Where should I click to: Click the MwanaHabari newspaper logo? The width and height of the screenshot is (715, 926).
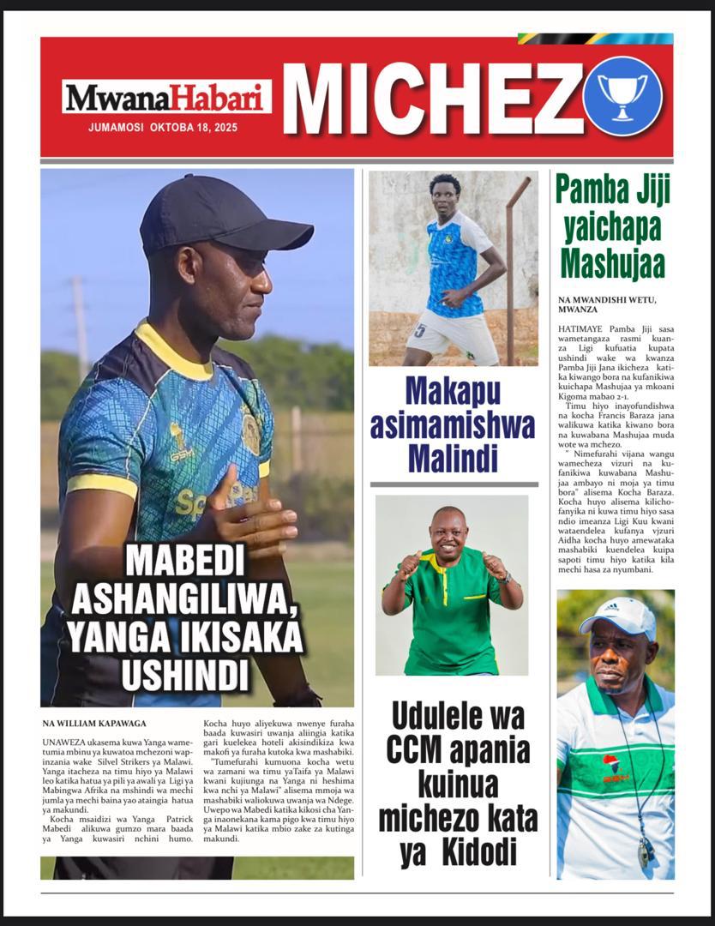pyautogui.click(x=166, y=97)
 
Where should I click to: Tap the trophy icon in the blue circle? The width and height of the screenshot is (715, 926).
pyautogui.click(x=622, y=95)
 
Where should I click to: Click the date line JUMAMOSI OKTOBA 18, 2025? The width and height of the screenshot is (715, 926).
pyautogui.click(x=163, y=127)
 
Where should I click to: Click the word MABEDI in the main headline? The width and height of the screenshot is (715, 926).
pyautogui.click(x=184, y=562)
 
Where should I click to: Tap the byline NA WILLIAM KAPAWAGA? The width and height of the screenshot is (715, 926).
pyautogui.click(x=94, y=723)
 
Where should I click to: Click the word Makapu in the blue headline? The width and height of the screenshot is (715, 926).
pyautogui.click(x=453, y=392)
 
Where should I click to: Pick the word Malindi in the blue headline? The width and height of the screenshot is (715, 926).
pyautogui.click(x=454, y=459)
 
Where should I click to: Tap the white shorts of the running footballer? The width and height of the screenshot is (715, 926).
pyautogui.click(x=452, y=335)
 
